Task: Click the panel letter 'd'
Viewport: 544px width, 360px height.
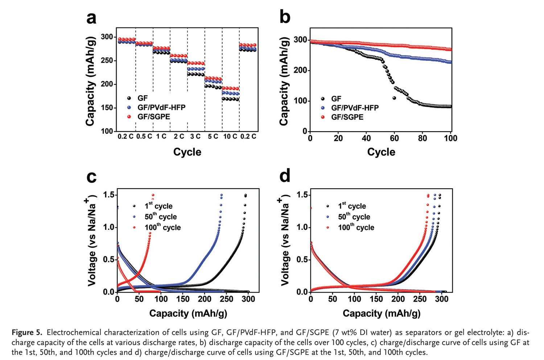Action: click(x=285, y=176)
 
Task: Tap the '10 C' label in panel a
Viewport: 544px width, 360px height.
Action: click(x=230, y=137)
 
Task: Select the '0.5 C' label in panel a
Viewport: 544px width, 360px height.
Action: click(x=144, y=137)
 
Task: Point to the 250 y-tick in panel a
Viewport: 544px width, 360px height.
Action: click(x=107, y=61)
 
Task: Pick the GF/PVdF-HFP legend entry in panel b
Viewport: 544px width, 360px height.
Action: click(x=355, y=108)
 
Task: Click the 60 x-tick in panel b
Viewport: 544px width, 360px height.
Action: click(x=394, y=138)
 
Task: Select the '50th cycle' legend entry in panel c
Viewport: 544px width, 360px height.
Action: click(x=160, y=217)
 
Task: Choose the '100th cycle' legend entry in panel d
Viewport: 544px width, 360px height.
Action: click(x=356, y=228)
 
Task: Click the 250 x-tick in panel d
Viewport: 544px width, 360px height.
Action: click(x=420, y=299)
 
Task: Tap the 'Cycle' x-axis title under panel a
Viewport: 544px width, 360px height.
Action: click(x=187, y=152)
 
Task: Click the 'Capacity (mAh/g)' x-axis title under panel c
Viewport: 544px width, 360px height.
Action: click(x=188, y=314)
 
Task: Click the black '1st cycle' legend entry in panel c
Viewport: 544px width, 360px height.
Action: click(x=158, y=206)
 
